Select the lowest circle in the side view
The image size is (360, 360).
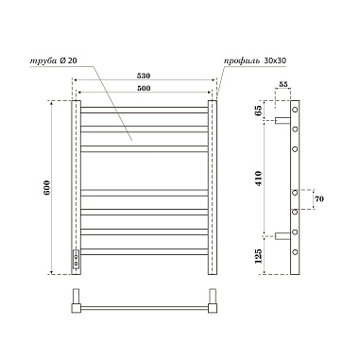(296, 252)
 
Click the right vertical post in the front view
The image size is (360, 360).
(214, 188)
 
